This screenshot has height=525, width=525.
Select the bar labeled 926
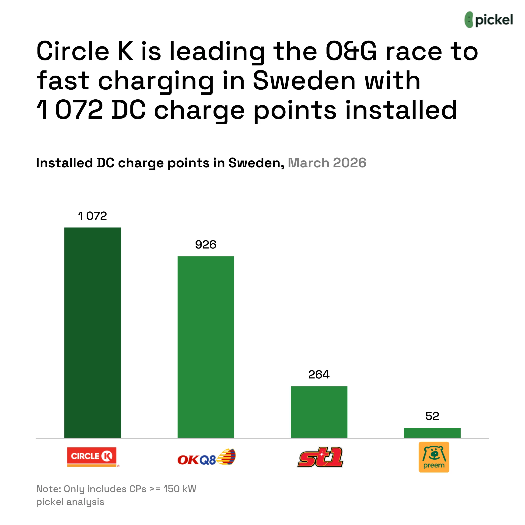coord(206,347)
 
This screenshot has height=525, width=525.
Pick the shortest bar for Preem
coord(432,433)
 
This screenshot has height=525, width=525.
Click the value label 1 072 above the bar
coord(93,216)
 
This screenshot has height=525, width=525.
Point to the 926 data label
coord(206,245)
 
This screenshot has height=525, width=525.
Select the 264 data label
coord(319,375)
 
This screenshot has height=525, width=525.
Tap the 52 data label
coord(432,416)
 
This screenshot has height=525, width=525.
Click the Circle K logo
coord(92,457)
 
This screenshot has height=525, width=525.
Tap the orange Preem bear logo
coord(434,457)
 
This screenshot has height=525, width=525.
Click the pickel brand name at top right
coord(494,20)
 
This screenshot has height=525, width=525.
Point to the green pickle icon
coord(469,20)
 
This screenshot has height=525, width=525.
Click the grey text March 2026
coord(327,163)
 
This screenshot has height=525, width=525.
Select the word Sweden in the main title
coord(304,81)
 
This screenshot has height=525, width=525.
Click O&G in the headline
coord(351,51)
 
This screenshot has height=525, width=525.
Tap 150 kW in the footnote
coord(180,489)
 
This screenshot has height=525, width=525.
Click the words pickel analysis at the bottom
coord(70,502)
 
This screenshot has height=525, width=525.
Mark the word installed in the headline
coord(401,110)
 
